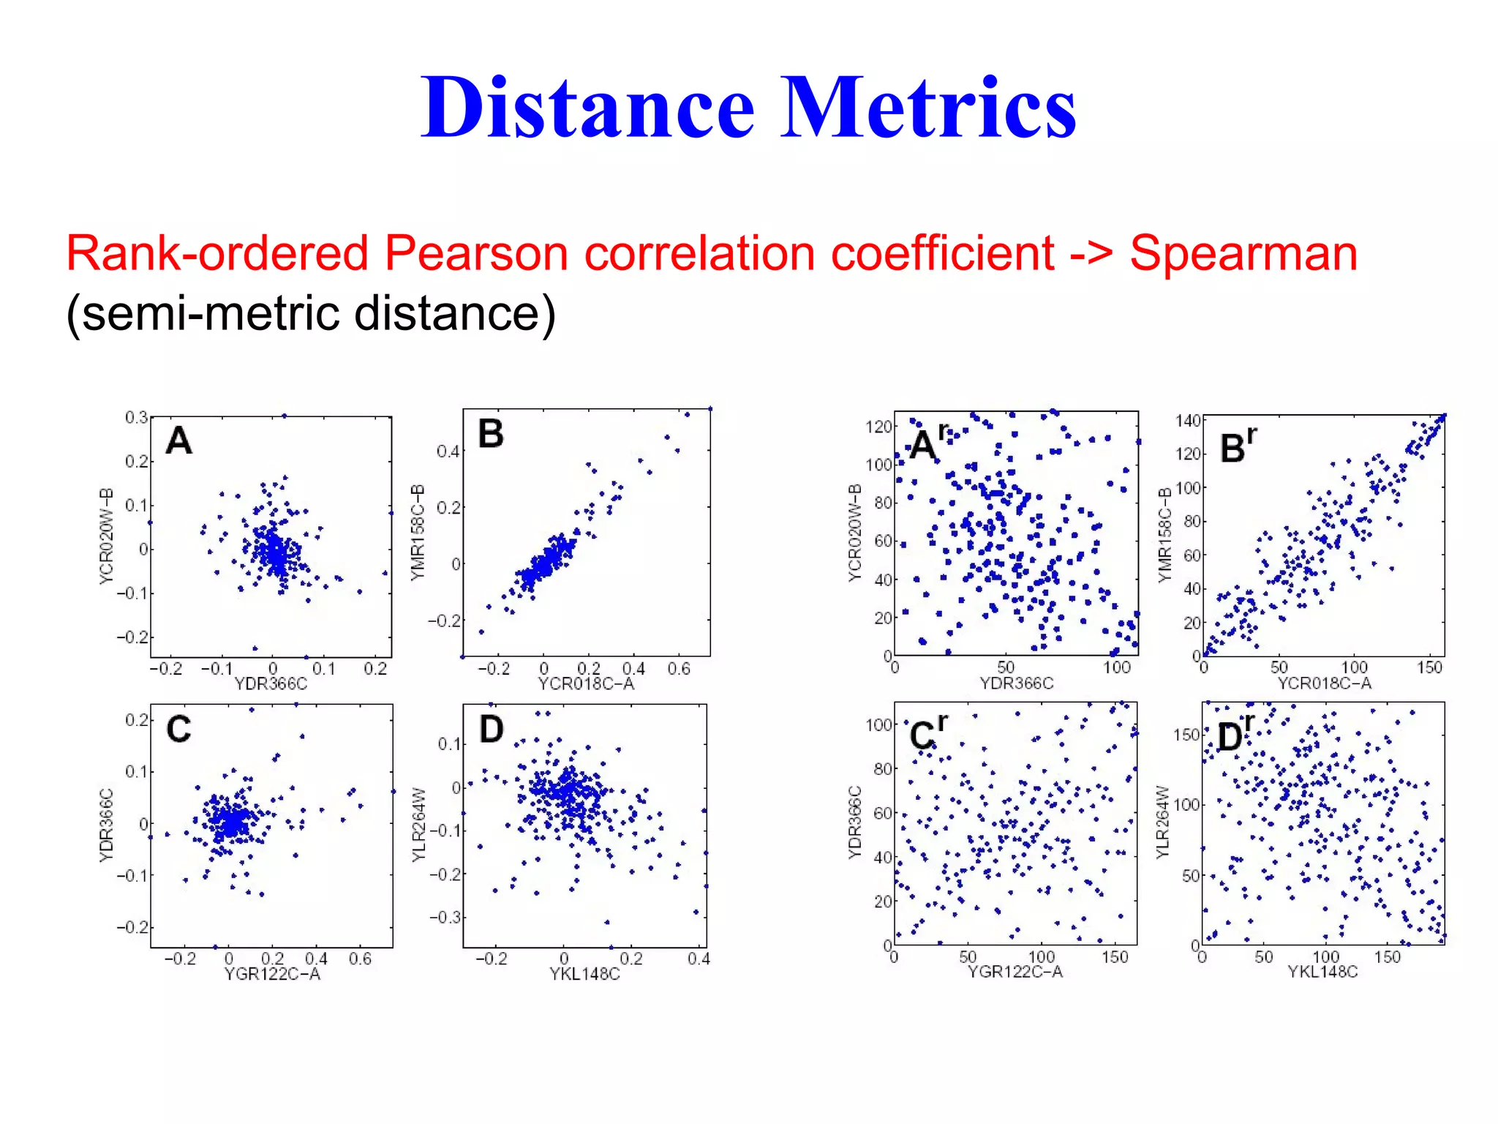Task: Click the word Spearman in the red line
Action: click(x=1243, y=253)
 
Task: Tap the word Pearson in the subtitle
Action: click(x=476, y=253)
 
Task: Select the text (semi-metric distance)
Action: click(x=311, y=313)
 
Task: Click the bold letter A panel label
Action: click(x=178, y=441)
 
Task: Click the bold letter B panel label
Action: click(x=491, y=434)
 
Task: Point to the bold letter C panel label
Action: click(x=178, y=729)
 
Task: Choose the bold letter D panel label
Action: click(x=491, y=730)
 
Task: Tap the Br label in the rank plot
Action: click(x=1238, y=446)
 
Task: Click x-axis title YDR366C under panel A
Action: click(x=270, y=683)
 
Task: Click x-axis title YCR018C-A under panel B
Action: click(x=585, y=683)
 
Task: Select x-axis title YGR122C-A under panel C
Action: click(x=271, y=974)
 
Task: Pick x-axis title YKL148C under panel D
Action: click(x=584, y=974)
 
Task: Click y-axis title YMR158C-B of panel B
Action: click(x=418, y=533)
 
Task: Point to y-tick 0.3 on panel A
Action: click(x=136, y=417)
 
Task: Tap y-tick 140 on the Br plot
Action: click(x=1188, y=420)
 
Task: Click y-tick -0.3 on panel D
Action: click(x=445, y=917)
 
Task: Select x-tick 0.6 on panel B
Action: click(x=678, y=668)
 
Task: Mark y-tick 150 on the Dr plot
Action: click(x=1186, y=734)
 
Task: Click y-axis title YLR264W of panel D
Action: click(x=418, y=825)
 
